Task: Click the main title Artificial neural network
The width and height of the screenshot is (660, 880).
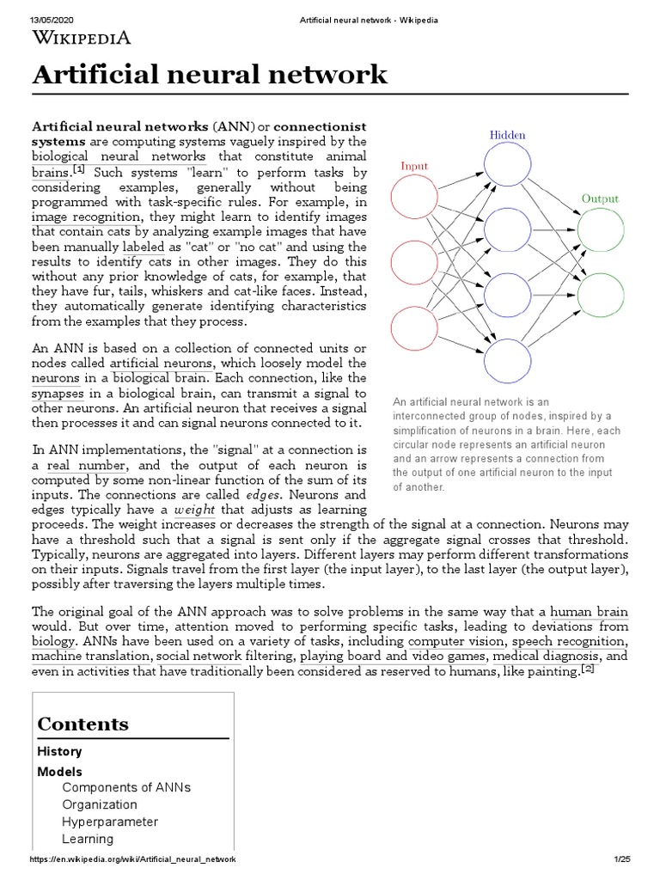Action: point(210,75)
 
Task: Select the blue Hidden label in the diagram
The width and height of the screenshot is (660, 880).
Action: point(508,135)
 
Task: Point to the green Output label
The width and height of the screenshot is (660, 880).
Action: point(600,199)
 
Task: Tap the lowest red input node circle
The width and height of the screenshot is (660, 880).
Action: point(415,331)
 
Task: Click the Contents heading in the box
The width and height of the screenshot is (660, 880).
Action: point(82,724)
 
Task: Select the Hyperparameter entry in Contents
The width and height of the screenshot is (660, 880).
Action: point(110,822)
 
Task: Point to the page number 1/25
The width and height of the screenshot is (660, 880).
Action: point(622,859)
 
